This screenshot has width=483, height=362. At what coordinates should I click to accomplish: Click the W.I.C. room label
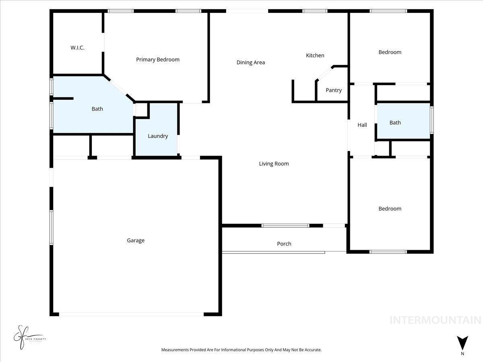[77, 47]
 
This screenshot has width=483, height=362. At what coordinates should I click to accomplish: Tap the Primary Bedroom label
[158, 60]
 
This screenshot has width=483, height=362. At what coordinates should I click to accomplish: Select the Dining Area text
[250, 62]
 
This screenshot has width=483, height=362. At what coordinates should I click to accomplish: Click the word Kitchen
[315, 56]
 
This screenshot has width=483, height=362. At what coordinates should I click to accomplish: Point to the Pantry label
[333, 90]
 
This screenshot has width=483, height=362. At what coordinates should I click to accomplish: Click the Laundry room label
[157, 136]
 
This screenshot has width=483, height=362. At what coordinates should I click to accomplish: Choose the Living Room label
[274, 164]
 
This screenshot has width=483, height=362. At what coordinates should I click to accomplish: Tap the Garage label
[136, 241]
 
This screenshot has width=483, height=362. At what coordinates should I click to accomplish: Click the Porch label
[284, 244]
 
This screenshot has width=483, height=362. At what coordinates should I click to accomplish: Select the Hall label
[362, 125]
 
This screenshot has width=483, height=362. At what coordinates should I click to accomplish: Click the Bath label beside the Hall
[395, 123]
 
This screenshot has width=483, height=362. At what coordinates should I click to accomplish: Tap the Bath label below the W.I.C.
[97, 109]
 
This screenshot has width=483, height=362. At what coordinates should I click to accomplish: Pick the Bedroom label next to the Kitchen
[390, 52]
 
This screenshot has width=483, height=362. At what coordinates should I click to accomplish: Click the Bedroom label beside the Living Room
[390, 209]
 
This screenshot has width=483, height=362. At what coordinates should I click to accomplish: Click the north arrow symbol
[462, 343]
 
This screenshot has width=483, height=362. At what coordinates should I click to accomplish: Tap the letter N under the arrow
[462, 354]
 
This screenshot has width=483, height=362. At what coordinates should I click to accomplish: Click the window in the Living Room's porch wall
[285, 226]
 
